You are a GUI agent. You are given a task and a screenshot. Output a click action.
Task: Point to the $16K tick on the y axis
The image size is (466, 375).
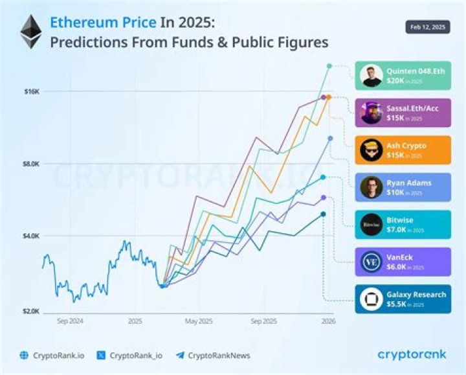[x=32, y=92]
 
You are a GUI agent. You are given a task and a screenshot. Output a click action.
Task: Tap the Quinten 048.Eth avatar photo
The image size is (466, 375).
[x=372, y=76]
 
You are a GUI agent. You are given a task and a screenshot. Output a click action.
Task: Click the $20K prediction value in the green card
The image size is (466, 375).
[x=395, y=80]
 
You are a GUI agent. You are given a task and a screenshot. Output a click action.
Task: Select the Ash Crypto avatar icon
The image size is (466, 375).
[x=372, y=150]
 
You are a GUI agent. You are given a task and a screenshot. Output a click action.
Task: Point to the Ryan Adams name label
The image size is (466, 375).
[x=409, y=183]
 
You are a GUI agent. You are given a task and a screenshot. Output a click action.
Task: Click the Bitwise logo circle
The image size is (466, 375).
[x=372, y=224]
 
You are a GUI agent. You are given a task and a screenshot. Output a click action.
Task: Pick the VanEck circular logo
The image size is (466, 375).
[x=372, y=262]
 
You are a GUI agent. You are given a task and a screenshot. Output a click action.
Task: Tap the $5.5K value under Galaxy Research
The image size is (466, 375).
[x=395, y=303]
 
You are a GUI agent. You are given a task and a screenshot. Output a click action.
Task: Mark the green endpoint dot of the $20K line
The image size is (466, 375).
[x=329, y=66]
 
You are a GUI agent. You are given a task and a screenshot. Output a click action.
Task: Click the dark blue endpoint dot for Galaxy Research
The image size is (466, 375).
[x=324, y=214]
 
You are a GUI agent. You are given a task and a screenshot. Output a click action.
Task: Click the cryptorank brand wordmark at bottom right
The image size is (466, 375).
[x=411, y=354]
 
